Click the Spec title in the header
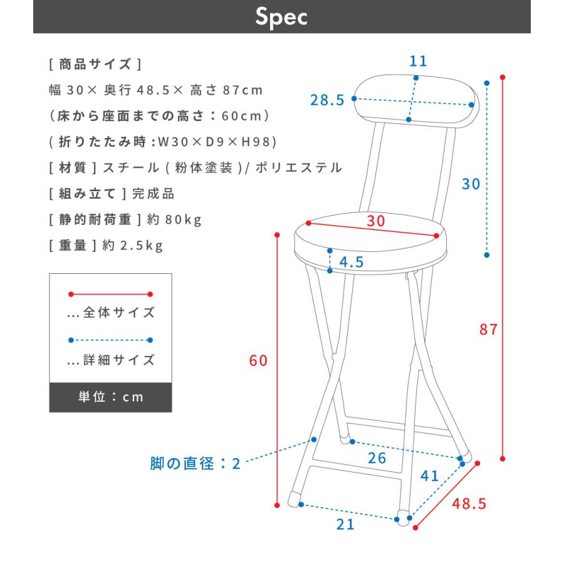point(281,17)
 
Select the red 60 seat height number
point(258,361)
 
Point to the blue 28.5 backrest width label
point(328,100)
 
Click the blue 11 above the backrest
point(418,61)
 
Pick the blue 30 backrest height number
point(471,184)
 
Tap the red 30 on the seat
point(376,221)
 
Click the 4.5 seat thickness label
point(352,262)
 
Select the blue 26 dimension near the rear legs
point(377,458)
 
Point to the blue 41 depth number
point(429,476)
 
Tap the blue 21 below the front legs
point(345,525)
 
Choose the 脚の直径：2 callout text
point(195,464)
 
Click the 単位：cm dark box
point(110,397)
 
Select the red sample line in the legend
point(110,294)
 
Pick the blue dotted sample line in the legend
point(110,340)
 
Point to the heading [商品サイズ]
point(95,65)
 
